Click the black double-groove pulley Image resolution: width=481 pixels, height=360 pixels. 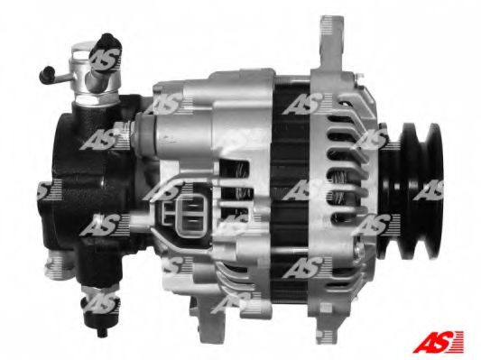coord(411,190)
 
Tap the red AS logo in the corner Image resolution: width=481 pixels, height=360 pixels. coord(438,342)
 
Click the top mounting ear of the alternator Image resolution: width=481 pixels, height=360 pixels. coord(331,43)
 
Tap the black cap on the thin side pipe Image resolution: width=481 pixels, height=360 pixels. coord(46,74)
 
